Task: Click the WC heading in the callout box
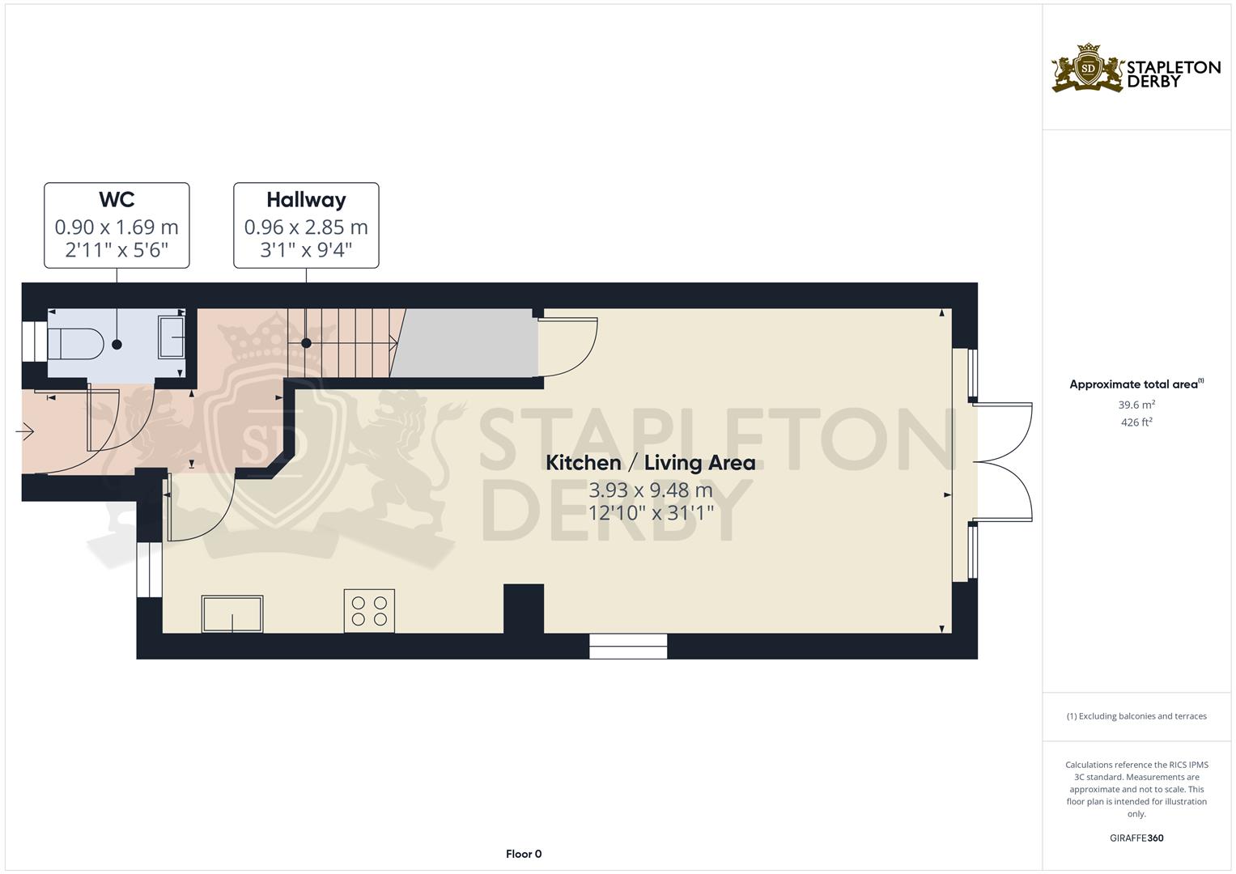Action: point(117,200)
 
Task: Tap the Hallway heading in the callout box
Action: point(306,200)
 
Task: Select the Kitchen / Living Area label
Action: point(650,463)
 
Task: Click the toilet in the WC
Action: point(75,344)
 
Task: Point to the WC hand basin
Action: point(172,337)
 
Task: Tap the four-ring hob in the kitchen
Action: point(369,611)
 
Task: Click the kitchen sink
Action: point(232,614)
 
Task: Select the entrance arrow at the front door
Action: point(24,433)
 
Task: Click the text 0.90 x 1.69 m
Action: point(117,227)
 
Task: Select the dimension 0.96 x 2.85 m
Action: point(306,227)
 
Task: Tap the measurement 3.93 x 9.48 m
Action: point(650,490)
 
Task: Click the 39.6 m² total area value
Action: point(1136,405)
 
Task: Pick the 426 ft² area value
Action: point(1136,422)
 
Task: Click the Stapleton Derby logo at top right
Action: point(1136,68)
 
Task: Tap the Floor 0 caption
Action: point(524,854)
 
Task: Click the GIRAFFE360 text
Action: point(1136,838)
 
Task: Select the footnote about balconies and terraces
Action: point(1136,716)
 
